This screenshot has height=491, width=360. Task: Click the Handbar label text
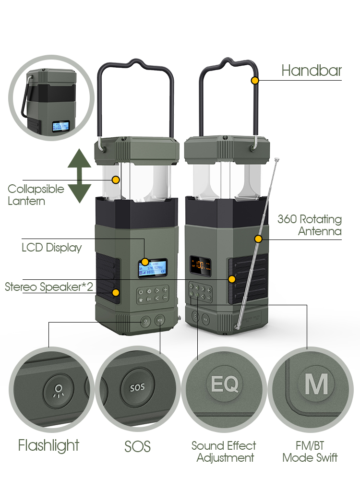(312, 71)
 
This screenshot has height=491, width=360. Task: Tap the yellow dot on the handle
(255, 80)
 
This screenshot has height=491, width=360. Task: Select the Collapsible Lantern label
(36, 194)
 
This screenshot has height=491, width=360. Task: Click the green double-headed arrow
(79, 176)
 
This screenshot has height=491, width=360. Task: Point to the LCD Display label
(51, 248)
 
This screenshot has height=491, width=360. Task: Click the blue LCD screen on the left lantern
(153, 268)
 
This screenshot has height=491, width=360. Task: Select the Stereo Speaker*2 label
(49, 287)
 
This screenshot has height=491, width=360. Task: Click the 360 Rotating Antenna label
(310, 225)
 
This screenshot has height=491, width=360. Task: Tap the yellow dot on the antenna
(258, 239)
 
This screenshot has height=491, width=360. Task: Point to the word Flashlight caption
(48, 445)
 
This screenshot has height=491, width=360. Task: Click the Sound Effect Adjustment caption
(224, 452)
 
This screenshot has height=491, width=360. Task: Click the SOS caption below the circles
(137, 446)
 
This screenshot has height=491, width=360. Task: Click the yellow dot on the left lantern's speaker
(116, 292)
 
